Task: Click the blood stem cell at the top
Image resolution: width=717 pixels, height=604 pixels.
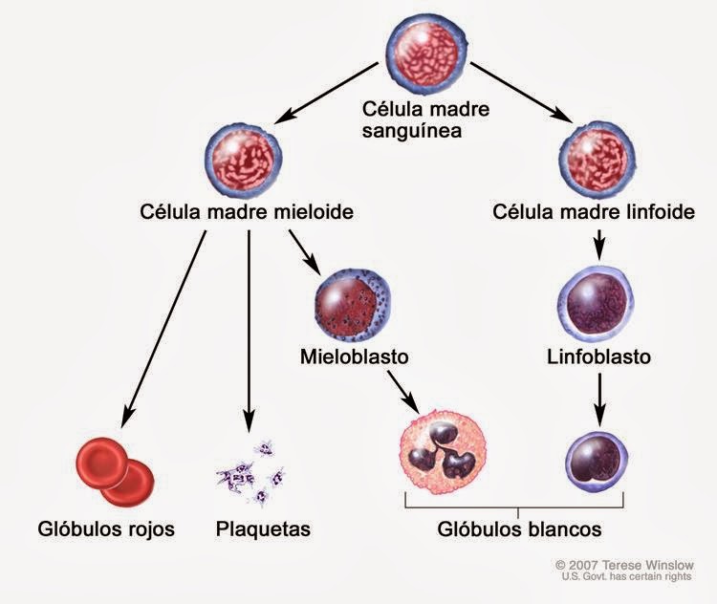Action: (426, 53)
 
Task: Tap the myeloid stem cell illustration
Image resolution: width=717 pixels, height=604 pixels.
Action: (243, 159)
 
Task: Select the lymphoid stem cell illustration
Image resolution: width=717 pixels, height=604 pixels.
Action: (597, 159)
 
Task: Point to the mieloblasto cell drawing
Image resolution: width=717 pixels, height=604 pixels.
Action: (353, 305)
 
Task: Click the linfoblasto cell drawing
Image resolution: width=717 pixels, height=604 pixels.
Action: (596, 305)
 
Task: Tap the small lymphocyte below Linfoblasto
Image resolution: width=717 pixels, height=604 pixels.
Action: (597, 462)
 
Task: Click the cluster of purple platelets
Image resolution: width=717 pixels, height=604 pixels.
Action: (251, 472)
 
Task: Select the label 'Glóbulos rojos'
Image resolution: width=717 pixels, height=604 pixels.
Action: (106, 529)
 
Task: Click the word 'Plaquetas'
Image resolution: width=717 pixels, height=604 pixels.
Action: (263, 529)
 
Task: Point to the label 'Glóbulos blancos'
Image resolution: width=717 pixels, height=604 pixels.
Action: (519, 529)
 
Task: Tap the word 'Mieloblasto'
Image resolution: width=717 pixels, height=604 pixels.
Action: (355, 356)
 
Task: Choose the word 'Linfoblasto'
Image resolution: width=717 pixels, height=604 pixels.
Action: (599, 356)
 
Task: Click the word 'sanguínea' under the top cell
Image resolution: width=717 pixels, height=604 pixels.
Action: (411, 131)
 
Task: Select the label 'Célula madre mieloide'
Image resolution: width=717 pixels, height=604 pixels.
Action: (247, 212)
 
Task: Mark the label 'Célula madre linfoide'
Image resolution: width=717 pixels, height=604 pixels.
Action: (594, 212)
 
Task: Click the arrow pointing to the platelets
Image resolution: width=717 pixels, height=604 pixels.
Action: (249, 332)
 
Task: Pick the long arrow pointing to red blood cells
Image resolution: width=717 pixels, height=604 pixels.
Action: (163, 329)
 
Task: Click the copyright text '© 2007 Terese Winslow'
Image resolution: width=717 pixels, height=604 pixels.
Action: (625, 566)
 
